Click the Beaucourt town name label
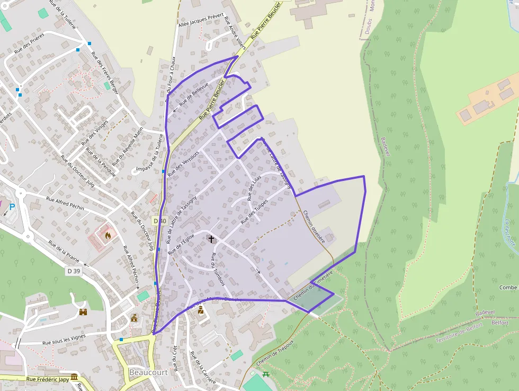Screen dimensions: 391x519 point(148,372)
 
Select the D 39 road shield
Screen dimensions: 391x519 point(74,271)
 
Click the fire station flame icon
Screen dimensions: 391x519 point(108,235)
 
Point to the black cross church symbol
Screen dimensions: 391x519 point(211,239)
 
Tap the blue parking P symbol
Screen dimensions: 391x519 point(12,206)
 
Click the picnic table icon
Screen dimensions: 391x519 point(266,374)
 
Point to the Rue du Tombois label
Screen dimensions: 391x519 point(218,270)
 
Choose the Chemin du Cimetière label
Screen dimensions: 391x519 point(312,284)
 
